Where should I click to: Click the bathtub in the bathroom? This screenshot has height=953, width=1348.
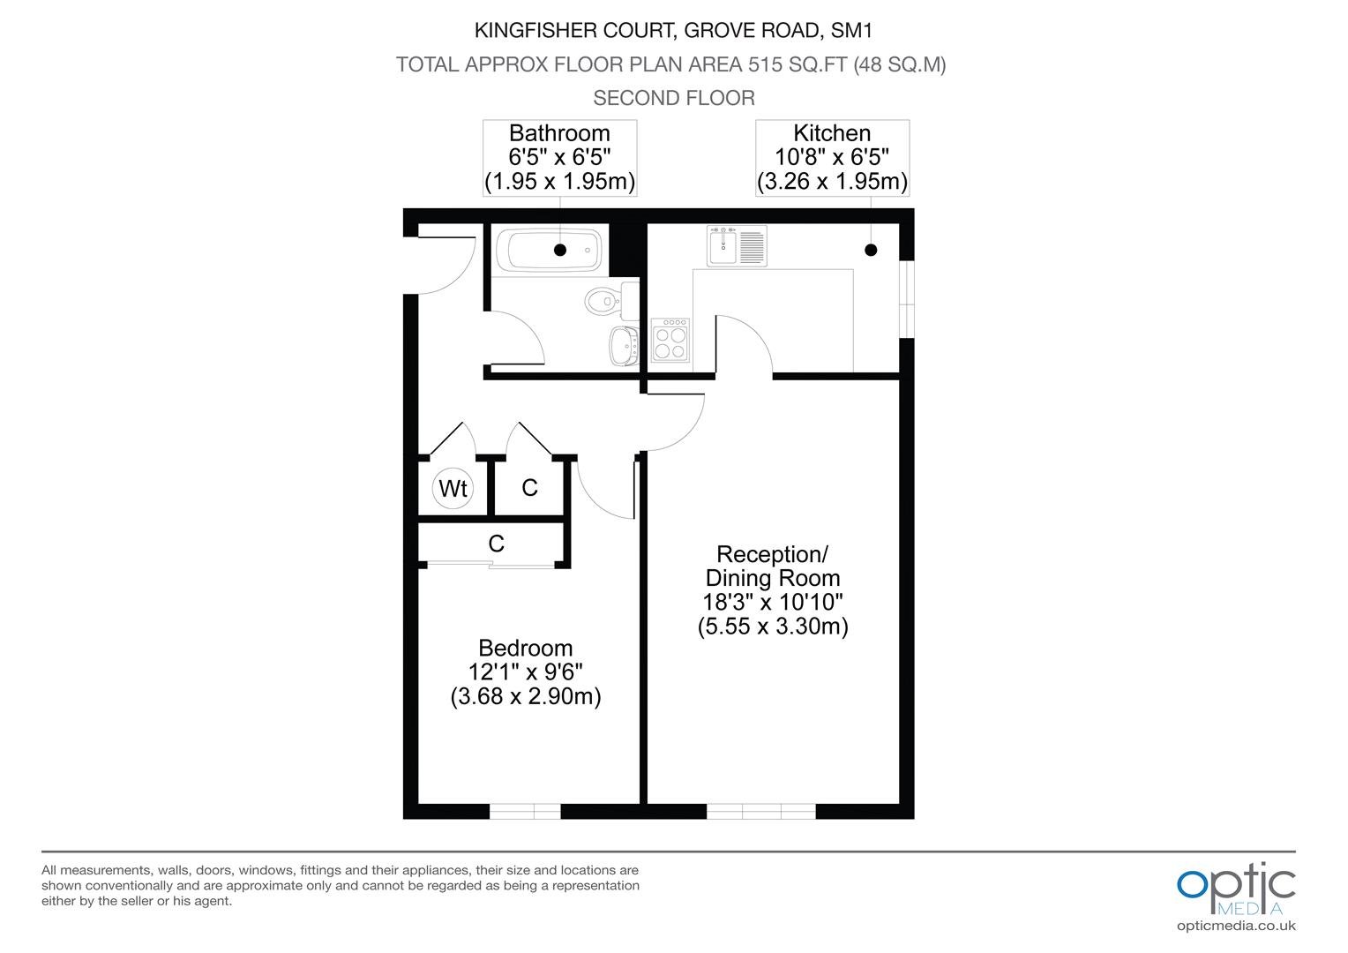548,250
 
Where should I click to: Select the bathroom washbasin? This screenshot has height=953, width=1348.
624,346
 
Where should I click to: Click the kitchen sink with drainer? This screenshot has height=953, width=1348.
737,245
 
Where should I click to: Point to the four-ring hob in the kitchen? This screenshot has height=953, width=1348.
670,340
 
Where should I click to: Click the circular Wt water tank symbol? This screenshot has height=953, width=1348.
453,488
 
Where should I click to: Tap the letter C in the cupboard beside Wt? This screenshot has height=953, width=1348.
529,488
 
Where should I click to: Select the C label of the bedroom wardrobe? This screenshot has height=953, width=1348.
496,544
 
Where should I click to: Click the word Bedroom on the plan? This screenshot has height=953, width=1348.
526,648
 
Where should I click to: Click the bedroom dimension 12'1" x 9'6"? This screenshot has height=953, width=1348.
526,672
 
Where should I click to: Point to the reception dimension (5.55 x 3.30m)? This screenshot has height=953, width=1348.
773,627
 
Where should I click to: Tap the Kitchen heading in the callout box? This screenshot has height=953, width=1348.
832,132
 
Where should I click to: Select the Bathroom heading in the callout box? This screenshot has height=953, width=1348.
559,132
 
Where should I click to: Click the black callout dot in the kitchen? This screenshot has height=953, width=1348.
871,250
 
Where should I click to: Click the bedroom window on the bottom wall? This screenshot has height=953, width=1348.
525,811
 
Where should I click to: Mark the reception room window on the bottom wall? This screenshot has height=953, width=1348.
760,811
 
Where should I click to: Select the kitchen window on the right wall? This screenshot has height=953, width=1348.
906,298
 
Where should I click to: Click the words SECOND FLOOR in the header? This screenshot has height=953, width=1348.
674,98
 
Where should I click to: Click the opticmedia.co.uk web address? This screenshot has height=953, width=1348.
1236,926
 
